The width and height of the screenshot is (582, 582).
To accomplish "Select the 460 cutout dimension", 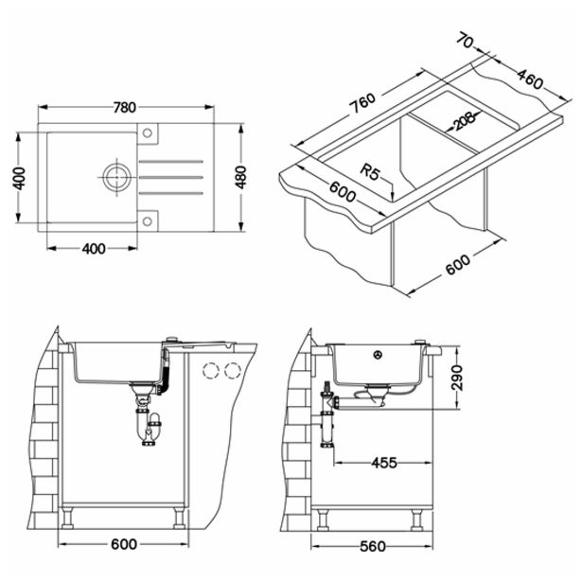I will (524, 74).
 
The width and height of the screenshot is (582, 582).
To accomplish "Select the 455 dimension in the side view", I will (383, 463).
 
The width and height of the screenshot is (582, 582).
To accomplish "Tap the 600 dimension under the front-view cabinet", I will (123, 544).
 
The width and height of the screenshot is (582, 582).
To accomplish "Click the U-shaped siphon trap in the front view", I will (149, 428).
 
